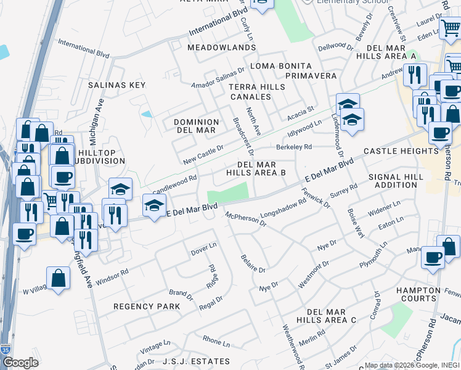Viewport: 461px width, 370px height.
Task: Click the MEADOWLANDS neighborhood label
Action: [213, 47]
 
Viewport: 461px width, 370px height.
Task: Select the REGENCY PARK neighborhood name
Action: [147, 306]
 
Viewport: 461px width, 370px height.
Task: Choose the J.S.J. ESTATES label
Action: [196, 361]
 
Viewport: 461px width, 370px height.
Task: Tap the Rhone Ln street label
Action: [216, 342]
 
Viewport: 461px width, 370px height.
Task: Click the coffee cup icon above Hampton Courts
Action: [433, 256]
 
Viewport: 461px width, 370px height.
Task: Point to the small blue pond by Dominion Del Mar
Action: [147, 114]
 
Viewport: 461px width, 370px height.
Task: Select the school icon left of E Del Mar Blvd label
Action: [154, 205]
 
